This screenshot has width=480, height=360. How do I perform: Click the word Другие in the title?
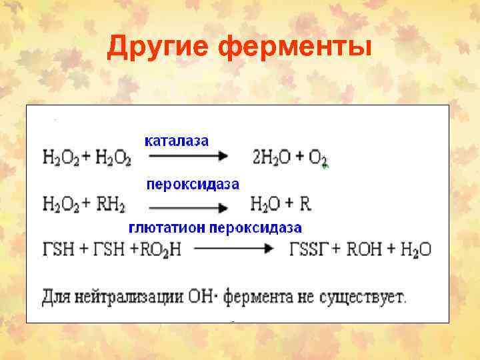(156, 48)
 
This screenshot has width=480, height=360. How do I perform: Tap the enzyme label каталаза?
(177, 141)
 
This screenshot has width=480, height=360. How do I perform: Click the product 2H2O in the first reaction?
(271, 158)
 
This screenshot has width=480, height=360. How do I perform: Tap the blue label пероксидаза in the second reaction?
(192, 183)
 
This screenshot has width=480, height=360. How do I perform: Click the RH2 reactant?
(110, 203)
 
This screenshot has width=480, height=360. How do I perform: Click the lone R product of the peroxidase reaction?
(305, 203)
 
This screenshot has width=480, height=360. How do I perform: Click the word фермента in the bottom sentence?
(256, 297)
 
